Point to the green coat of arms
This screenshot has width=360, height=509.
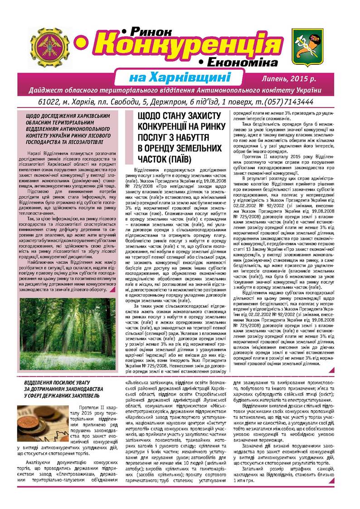coord(309,45)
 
